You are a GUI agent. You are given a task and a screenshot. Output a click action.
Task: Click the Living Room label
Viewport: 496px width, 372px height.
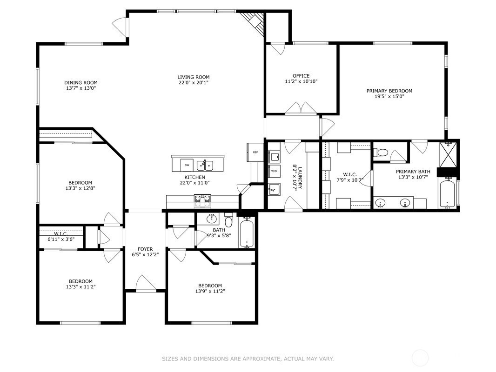193,77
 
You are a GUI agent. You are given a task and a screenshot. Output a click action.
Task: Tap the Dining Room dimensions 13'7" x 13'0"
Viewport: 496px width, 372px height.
80,88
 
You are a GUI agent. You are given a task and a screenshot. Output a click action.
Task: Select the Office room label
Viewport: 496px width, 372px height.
301,76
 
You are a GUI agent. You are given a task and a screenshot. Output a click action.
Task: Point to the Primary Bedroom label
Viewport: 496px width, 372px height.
389,91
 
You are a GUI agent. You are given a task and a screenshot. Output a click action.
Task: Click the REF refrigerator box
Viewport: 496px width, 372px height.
255,152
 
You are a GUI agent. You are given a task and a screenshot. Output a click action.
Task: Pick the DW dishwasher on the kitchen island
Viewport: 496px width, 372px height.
186,165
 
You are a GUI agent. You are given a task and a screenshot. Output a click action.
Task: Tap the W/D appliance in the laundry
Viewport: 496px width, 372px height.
274,170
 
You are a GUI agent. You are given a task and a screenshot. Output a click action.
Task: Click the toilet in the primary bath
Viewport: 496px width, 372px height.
382,152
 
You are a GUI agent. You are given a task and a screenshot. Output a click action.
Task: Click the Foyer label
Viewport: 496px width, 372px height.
145,249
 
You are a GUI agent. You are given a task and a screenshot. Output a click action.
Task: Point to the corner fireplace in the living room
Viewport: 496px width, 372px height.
255,21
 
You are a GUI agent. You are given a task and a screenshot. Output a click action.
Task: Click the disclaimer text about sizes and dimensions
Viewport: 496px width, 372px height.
248,359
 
